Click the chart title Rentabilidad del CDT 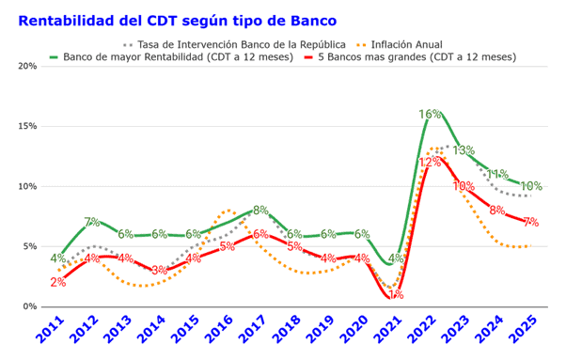pos(177,20)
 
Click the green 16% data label pos(430,115)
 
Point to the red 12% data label pos(430,162)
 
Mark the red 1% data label pos(396,294)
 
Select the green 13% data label pos(464,150)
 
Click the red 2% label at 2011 pos(58,282)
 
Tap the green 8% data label pos(261,211)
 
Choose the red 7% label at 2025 pos(531,223)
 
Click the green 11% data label pos(497,174)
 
